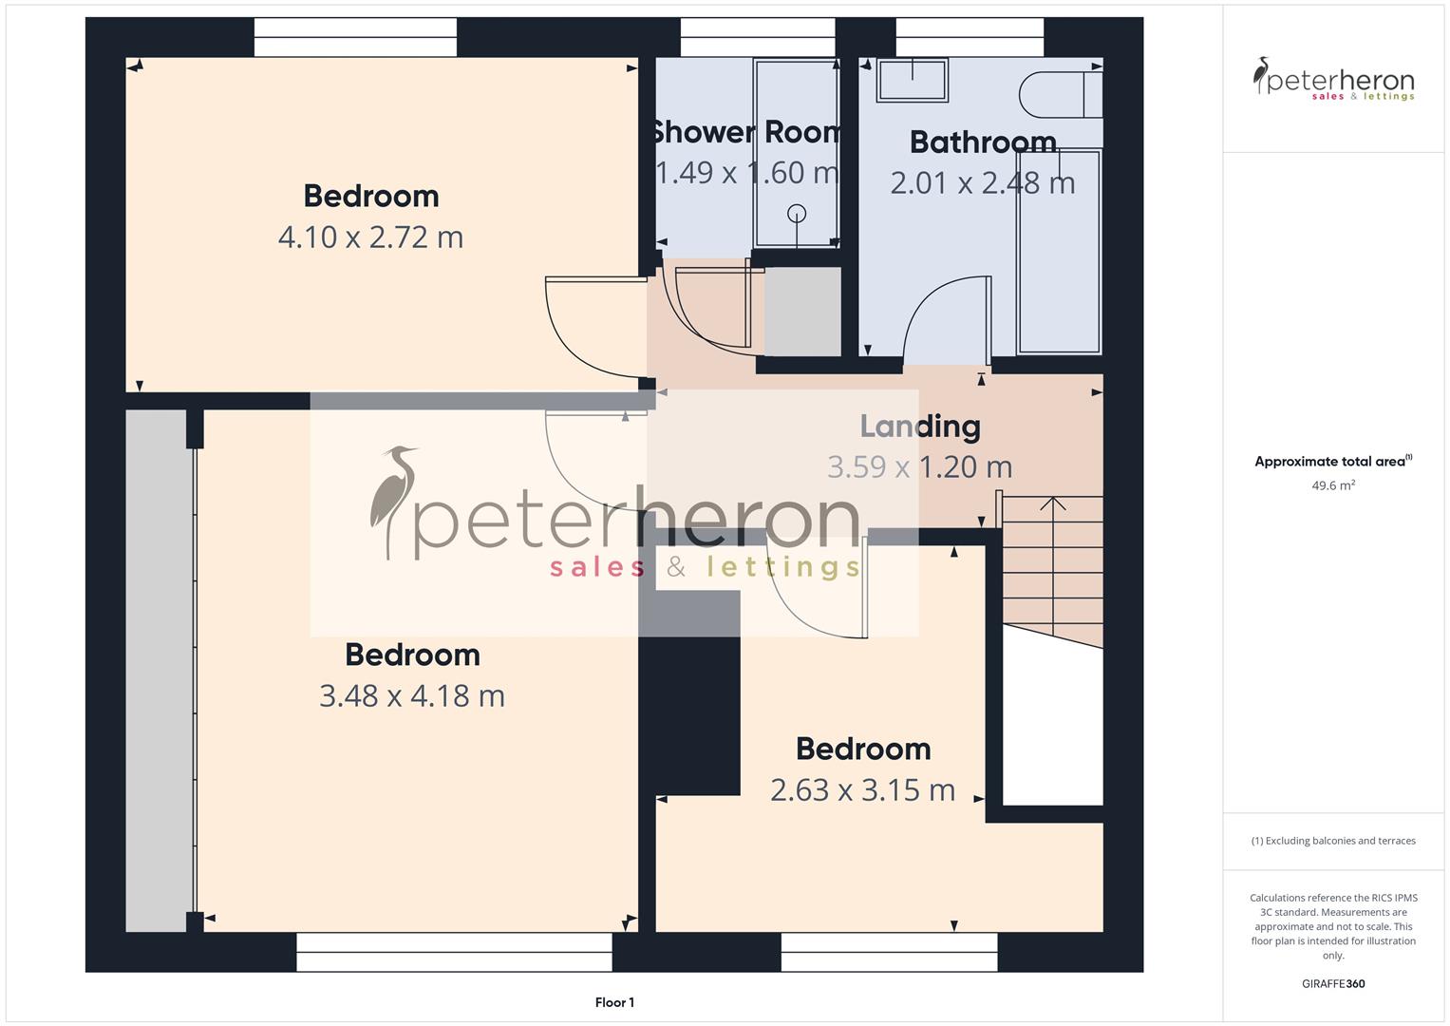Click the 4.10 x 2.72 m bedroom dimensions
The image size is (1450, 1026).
(370, 237)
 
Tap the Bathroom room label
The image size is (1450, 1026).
(983, 142)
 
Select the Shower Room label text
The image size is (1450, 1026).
(745, 132)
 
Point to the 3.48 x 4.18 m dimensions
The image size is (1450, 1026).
(411, 696)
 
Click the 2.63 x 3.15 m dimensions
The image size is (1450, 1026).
(862, 790)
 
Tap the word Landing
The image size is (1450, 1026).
(919, 427)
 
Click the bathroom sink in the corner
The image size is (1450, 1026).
(912, 80)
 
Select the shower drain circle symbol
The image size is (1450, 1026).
(797, 213)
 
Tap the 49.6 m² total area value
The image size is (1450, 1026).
(1332, 485)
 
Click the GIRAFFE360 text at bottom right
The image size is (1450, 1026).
(1332, 984)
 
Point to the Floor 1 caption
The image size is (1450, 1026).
(614, 1002)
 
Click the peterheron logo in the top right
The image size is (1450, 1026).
(1333, 80)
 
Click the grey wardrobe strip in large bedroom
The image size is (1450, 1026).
(157, 665)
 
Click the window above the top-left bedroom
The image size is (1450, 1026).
(355, 39)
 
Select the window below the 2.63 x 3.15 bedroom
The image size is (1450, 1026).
(889, 952)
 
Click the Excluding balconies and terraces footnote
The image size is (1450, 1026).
(1332, 841)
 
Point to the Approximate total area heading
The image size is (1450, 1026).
(1332, 462)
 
